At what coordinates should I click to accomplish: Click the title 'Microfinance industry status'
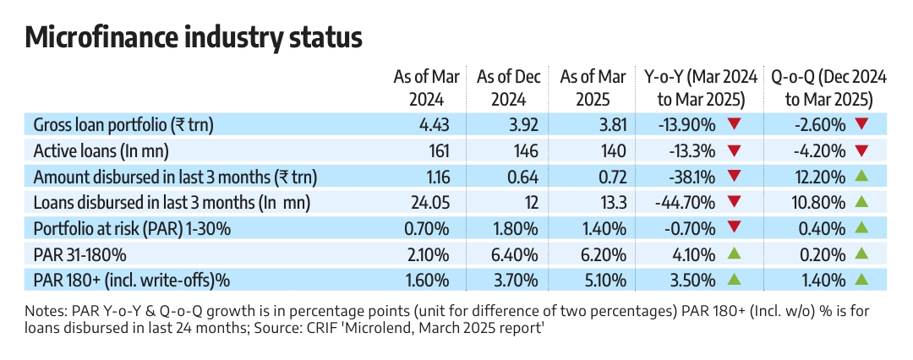point(194,38)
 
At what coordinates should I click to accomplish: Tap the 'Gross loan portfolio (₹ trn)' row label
point(123,126)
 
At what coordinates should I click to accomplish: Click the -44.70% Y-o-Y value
point(686,203)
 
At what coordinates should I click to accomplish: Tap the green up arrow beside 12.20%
point(861,177)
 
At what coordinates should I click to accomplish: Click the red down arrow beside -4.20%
point(861,151)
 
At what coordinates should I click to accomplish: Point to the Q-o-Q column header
point(828,88)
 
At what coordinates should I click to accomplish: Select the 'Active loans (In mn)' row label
point(101,151)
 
